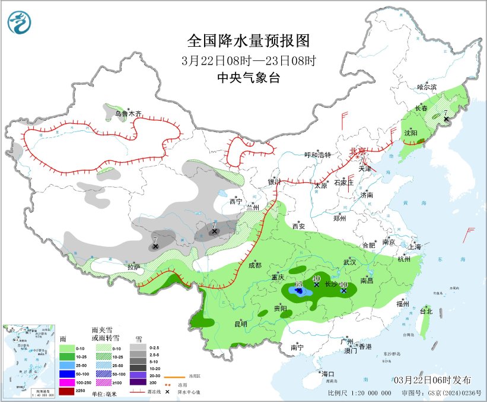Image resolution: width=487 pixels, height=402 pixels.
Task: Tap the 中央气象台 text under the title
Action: coord(249,78)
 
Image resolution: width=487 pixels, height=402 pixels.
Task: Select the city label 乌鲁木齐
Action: coord(129,113)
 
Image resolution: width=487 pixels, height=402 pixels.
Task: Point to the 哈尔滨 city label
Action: coord(426,87)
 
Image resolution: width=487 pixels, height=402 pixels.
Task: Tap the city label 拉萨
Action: coord(134,267)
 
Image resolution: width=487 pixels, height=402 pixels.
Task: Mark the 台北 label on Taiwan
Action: coord(426,311)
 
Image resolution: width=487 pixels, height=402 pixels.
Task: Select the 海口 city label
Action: coord(328,374)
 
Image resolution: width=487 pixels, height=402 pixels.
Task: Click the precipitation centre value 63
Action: coord(299,285)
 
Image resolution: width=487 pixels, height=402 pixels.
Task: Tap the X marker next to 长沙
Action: coord(343,291)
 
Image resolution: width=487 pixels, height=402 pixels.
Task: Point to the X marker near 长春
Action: coord(446,119)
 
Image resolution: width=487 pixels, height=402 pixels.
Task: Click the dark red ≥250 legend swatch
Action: coord(67,391)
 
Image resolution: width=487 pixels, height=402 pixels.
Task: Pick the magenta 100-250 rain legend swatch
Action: coord(67,382)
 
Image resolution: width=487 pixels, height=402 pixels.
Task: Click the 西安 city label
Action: coord(298,226)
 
